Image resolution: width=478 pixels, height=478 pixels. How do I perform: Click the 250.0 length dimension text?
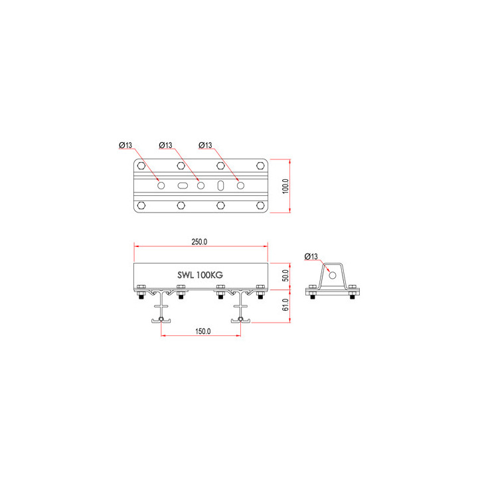click(x=200, y=242)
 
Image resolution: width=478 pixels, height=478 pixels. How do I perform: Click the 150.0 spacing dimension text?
click(x=202, y=331)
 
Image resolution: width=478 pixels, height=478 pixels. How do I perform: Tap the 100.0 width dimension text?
click(x=285, y=186)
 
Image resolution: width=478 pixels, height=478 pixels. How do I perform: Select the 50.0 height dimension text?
click(x=285, y=274)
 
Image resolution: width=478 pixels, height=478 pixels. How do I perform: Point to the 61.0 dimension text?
click(x=285, y=305)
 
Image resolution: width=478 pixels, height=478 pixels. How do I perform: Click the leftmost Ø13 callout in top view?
click(x=126, y=145)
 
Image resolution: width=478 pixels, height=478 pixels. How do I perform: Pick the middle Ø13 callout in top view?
click(x=166, y=145)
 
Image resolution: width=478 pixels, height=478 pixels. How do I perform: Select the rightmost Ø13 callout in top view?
click(x=206, y=145)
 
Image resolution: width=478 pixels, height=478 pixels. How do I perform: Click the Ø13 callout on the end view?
click(x=311, y=257)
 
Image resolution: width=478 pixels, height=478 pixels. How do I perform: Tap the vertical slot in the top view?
click(x=221, y=186)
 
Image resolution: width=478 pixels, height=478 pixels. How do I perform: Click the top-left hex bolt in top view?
click(x=141, y=166)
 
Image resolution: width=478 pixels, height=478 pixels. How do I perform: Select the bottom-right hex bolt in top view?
click(x=261, y=206)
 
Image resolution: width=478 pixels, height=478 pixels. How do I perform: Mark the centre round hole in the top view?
click(x=201, y=186)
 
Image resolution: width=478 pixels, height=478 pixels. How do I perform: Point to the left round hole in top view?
click(x=161, y=186)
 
